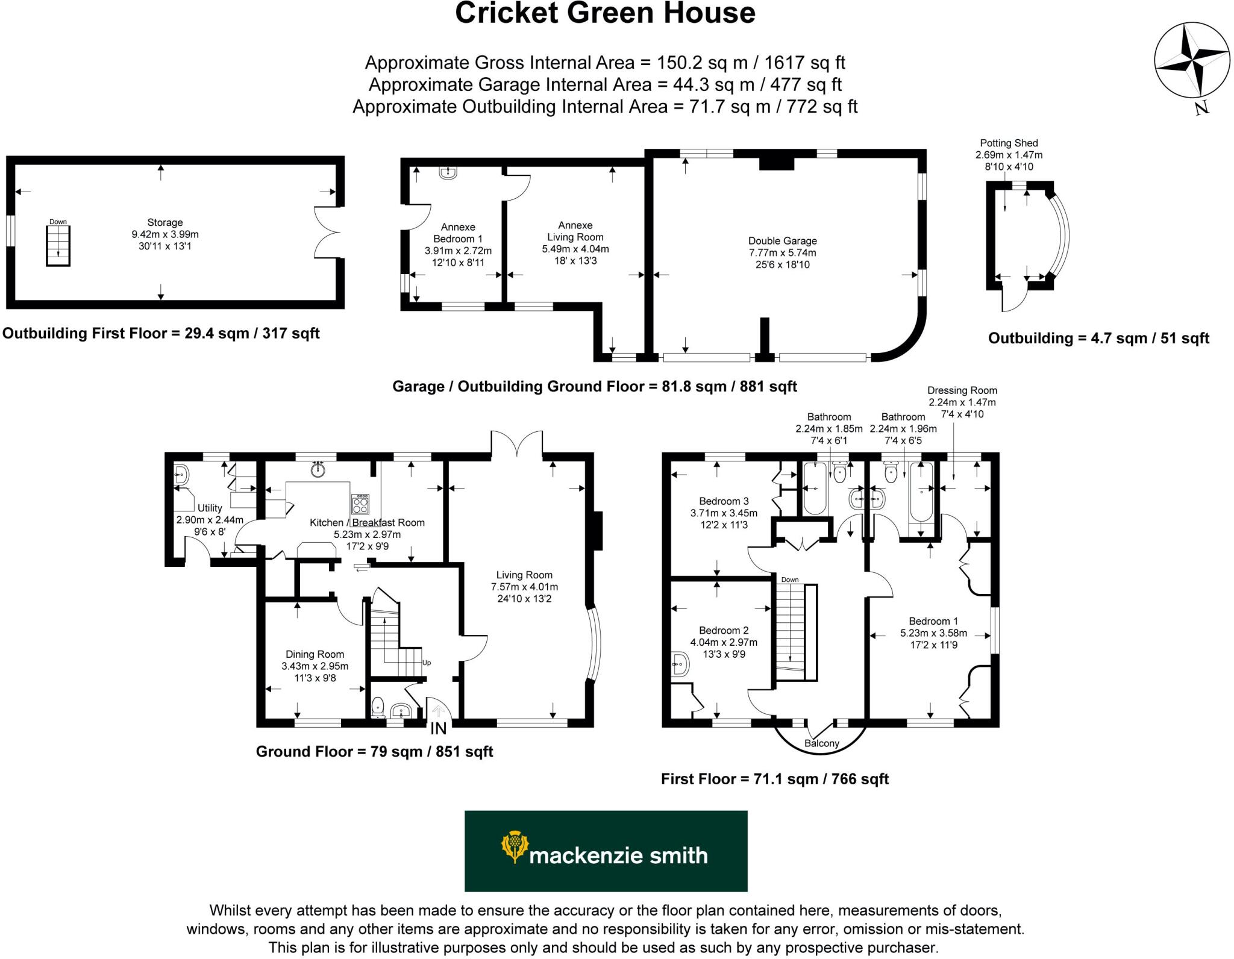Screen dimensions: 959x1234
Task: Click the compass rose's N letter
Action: point(1201,108)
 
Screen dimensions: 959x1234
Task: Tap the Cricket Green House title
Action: point(605,13)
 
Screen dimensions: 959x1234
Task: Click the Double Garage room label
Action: point(782,240)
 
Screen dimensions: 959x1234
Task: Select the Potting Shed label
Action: point(1009,143)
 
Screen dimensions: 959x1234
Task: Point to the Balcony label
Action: point(821,743)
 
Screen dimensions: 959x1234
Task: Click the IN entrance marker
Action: point(438,728)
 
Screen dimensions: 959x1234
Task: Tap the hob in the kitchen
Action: point(360,503)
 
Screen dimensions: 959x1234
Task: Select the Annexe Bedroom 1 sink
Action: point(448,173)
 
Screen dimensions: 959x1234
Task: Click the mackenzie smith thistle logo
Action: point(513,846)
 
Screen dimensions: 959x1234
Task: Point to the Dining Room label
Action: point(315,654)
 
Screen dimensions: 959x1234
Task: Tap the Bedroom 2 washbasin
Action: point(679,664)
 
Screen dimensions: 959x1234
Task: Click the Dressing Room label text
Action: point(962,390)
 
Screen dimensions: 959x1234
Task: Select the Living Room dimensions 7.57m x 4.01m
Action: point(524,587)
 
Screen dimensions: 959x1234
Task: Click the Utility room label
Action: point(210,508)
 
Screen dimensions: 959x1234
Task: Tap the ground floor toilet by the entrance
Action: point(378,707)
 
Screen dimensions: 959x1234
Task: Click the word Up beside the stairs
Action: point(427,663)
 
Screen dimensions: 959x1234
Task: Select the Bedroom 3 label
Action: point(724,501)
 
